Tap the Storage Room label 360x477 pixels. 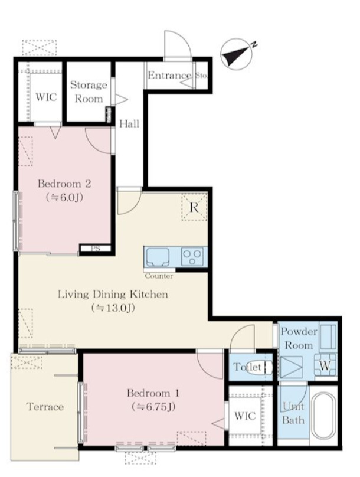click(89, 92)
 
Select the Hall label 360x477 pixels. click(129, 123)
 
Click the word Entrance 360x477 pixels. click(169, 75)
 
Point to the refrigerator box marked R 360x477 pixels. click(194, 207)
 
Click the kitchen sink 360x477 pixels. click(158, 257)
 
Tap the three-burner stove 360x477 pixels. click(192, 257)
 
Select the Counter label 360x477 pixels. click(159, 276)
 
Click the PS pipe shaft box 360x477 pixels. click(96, 249)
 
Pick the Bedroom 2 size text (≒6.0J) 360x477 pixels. click(64, 198)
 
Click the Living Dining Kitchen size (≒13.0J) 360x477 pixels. click(113, 308)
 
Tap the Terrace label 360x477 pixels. click(45, 407)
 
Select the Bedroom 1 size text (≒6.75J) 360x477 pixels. click(153, 407)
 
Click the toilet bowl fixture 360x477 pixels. click(258, 367)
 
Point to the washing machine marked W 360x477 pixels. click(325, 365)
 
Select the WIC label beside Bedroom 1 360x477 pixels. click(245, 416)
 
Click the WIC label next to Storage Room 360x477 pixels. click(46, 97)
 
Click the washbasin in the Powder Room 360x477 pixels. click(328, 336)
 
